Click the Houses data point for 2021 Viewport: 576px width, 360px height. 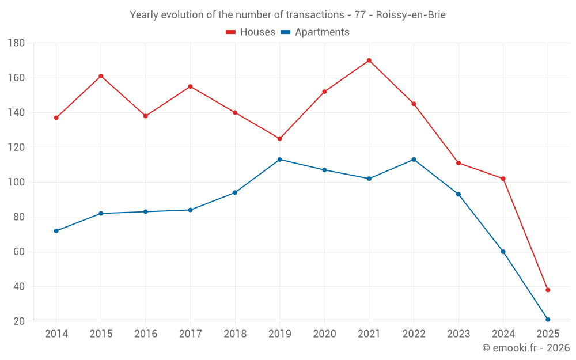[x=369, y=60]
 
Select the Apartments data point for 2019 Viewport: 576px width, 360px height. [x=280, y=160]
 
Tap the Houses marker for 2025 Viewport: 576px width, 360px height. [x=548, y=290]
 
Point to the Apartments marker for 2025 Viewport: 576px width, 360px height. [x=548, y=320]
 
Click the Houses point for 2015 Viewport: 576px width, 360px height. [x=101, y=76]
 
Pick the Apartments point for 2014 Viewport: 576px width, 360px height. [x=56, y=231]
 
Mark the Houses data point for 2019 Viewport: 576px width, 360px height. [x=280, y=139]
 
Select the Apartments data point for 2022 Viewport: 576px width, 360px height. [x=414, y=160]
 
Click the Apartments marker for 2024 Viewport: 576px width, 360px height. [x=503, y=252]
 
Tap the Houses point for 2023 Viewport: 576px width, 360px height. [x=458, y=163]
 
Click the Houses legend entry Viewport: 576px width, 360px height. [x=251, y=32]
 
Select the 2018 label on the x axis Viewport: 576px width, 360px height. [x=235, y=334]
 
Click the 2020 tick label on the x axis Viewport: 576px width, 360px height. [x=324, y=334]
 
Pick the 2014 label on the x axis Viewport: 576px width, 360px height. [x=56, y=334]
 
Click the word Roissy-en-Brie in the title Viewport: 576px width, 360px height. [x=411, y=15]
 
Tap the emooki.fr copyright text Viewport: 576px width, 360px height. [x=525, y=348]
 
